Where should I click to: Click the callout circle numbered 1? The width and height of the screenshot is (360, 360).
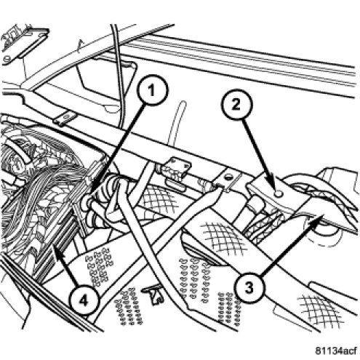coord(152,90)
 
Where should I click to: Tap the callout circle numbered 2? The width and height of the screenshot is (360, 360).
coord(236,105)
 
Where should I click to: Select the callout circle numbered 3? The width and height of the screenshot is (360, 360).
coord(249,289)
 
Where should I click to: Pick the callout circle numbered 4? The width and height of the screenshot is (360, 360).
coord(84,301)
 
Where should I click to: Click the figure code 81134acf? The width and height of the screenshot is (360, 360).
coord(336,351)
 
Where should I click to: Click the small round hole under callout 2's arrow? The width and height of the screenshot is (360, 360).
coord(279,193)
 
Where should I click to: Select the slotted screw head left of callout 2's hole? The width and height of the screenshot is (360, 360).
coord(228,177)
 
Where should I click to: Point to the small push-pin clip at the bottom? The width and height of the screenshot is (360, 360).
coord(153,294)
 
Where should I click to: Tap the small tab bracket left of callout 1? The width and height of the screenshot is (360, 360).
coord(65,119)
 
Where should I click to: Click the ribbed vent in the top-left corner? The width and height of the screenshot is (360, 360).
coord(15,36)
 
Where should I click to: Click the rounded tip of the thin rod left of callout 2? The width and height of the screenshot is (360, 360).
coord(183,103)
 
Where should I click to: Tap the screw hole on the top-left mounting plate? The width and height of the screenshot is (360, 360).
coord(7,59)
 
